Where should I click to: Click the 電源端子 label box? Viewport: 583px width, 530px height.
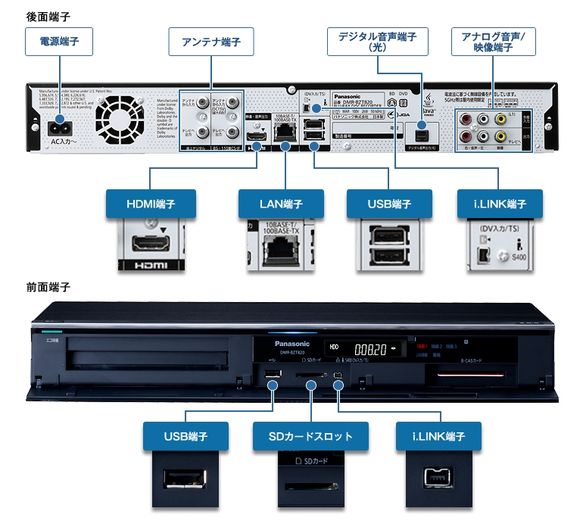(59, 42)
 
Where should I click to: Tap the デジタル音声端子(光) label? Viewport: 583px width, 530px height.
(378, 42)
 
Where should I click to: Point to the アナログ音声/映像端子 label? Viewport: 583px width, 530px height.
(493, 42)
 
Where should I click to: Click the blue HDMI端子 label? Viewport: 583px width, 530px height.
(151, 204)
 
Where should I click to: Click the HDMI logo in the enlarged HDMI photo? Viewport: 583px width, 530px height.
(150, 267)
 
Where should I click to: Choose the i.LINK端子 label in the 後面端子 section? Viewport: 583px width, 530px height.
(502, 204)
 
